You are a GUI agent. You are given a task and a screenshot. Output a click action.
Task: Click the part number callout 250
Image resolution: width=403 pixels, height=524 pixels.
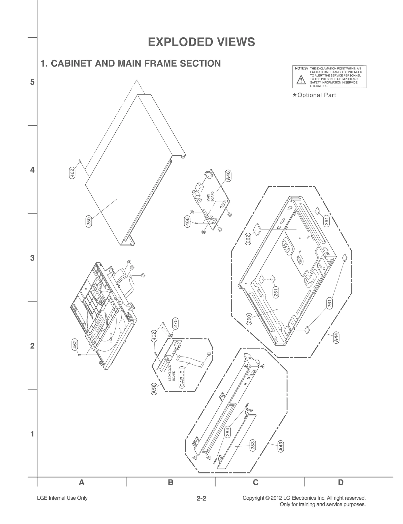(89, 222)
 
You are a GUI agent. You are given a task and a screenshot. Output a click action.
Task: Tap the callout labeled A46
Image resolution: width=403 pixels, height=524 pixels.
(228, 175)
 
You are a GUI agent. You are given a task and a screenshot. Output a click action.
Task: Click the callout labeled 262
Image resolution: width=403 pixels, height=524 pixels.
(248, 239)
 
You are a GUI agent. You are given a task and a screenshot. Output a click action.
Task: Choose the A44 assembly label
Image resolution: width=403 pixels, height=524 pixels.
(336, 337)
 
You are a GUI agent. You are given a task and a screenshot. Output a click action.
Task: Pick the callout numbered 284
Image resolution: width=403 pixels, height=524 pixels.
(227, 432)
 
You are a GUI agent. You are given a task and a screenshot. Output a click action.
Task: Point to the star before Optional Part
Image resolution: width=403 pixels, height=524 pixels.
(294, 95)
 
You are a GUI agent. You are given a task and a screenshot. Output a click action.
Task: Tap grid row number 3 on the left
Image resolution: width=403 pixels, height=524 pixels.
(32, 258)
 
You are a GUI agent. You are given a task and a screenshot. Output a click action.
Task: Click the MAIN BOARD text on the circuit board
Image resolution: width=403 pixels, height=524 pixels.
(210, 197)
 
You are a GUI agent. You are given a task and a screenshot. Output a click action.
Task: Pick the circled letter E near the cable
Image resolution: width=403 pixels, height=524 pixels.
(209, 354)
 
